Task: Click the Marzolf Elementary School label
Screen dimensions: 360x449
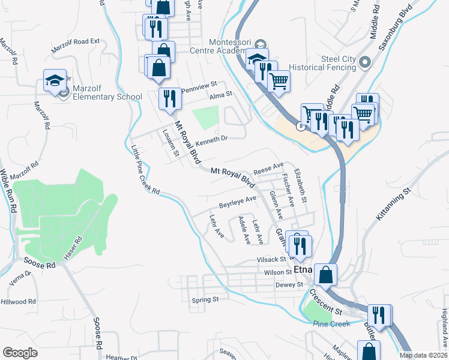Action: tap(107, 96)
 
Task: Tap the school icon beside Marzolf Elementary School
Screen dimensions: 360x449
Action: tap(55, 81)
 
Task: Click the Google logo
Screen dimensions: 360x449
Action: tap(20, 353)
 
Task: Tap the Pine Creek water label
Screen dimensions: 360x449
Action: tap(331, 324)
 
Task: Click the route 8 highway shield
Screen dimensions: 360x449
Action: tap(298, 126)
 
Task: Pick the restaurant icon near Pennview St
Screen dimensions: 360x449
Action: tap(169, 98)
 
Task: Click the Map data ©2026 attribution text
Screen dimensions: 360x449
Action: tap(423, 355)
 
